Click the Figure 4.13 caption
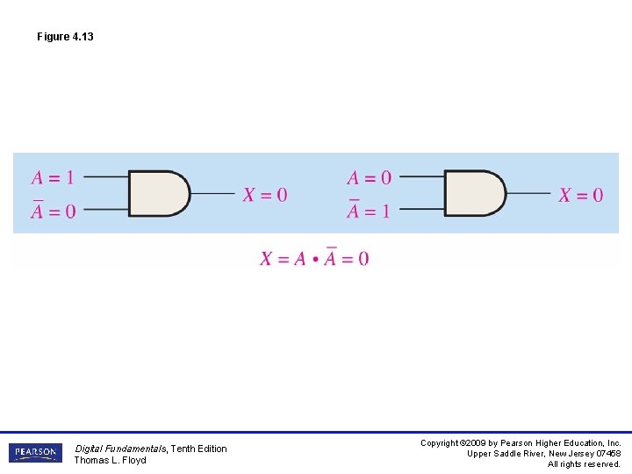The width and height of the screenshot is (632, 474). [x=65, y=37]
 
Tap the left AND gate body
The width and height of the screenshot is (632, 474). [x=159, y=193]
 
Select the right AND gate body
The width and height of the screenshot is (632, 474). [x=475, y=193]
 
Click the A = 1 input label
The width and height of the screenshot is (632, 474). [x=53, y=177]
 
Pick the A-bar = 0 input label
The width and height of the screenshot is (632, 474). [x=54, y=210]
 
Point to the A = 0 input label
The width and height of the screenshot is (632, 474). [x=370, y=177]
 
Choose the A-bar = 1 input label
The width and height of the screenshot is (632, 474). [x=369, y=210]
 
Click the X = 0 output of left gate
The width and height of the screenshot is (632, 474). [x=265, y=195]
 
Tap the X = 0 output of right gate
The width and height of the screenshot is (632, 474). [x=581, y=195]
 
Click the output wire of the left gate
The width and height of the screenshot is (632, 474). [x=212, y=193]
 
